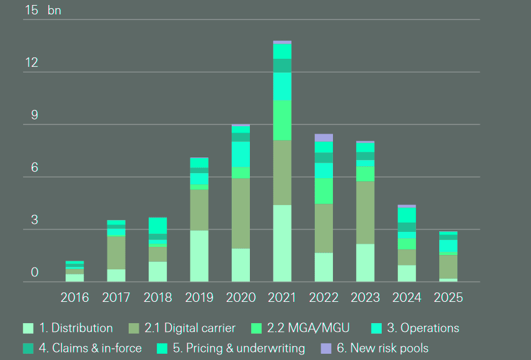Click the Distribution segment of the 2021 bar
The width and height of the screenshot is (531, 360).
[282, 243]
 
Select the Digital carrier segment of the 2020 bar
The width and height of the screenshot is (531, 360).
[241, 213]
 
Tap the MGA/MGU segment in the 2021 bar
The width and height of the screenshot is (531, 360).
[282, 120]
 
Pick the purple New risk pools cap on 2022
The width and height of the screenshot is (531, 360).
[324, 137]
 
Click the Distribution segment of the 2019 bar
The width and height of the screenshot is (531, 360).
[199, 256]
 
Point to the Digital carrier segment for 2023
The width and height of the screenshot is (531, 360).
[365, 212]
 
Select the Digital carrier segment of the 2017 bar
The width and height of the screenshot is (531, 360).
[116, 252]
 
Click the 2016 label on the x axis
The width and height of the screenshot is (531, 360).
[75, 297]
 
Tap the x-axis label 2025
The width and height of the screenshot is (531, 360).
[448, 297]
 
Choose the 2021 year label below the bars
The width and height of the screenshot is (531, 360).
[282, 297]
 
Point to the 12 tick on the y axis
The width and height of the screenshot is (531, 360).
[31, 62]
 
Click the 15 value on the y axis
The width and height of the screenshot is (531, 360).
[31, 10]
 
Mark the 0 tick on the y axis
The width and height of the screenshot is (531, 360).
[34, 272]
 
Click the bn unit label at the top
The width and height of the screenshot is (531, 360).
[54, 11]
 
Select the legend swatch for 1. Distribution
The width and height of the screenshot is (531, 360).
[27, 328]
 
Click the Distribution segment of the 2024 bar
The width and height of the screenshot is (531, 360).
[407, 273]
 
